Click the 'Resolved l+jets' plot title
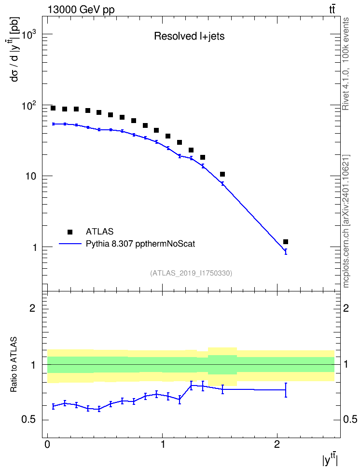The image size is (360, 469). click(189, 36)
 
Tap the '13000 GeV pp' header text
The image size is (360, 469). click(81, 10)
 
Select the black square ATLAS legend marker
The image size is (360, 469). click(70, 232)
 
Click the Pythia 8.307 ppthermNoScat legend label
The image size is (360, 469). click(140, 244)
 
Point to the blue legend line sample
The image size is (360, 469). click(70, 244)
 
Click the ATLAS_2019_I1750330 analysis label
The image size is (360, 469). click(191, 273)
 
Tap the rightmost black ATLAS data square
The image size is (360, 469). click(286, 242)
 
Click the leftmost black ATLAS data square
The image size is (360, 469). click(53, 108)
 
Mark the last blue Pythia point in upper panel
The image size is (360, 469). click(286, 251)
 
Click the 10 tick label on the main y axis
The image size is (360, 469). click(30, 176)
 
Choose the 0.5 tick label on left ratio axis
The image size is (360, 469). click(28, 420)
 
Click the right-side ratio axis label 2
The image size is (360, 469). click(346, 308)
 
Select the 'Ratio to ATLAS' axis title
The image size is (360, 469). click(14, 364)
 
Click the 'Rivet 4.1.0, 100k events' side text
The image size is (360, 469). click(346, 64)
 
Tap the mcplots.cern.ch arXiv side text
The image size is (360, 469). click(346, 221)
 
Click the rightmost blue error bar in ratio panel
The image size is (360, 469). click(286, 390)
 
